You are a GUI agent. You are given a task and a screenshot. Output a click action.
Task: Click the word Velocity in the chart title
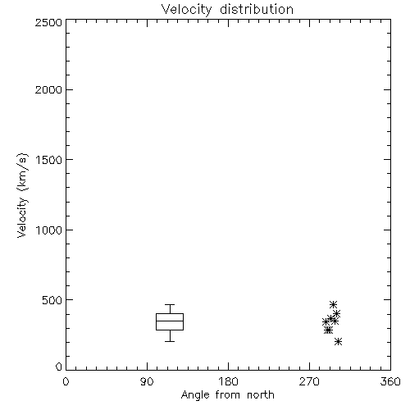click(187, 10)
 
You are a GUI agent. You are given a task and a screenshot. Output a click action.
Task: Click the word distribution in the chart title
click(257, 9)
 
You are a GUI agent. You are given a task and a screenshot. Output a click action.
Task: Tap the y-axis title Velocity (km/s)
click(22, 195)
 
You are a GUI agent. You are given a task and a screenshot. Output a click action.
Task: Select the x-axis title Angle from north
click(227, 394)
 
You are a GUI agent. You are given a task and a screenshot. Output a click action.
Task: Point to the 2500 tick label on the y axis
click(48, 22)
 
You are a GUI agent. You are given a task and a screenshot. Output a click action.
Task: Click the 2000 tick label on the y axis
click(48, 89)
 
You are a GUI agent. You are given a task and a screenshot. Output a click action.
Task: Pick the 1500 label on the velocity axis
click(49, 160)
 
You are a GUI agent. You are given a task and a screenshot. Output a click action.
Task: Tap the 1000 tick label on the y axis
click(49, 230)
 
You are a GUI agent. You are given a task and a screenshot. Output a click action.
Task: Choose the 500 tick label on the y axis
click(52, 300)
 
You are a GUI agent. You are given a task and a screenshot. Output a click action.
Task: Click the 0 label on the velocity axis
click(59, 367)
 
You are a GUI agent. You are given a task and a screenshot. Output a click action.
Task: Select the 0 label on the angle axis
click(66, 381)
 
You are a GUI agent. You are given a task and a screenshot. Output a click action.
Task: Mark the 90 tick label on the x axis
click(147, 381)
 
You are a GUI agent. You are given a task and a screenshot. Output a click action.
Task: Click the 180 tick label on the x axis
click(228, 381)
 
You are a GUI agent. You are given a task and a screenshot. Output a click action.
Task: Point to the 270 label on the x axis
click(309, 381)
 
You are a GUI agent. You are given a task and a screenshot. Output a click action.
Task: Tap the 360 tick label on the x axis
click(390, 381)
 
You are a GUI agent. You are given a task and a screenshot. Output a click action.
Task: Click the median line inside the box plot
click(170, 321)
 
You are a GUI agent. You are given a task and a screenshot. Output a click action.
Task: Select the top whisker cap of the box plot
click(170, 304)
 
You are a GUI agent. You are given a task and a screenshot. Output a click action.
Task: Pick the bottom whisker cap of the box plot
click(170, 341)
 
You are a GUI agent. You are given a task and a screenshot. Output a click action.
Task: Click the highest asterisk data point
click(333, 304)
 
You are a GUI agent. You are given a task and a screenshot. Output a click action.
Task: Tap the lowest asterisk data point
click(338, 341)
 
